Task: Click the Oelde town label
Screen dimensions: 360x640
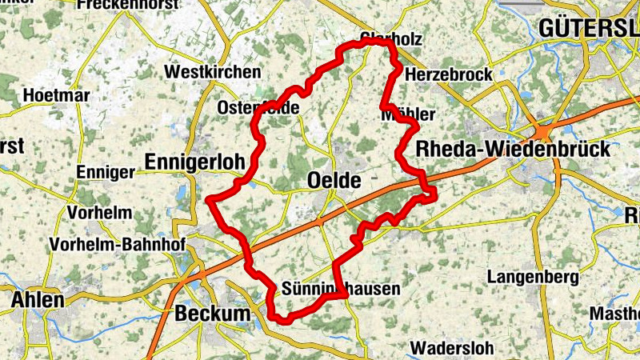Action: click(x=334, y=182)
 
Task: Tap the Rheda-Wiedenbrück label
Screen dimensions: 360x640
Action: click(x=513, y=149)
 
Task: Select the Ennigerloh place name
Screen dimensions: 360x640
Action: click(x=194, y=162)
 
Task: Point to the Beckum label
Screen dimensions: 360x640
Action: click(x=212, y=314)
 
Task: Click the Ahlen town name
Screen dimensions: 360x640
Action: click(x=38, y=301)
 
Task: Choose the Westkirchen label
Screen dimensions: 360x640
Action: click(x=212, y=72)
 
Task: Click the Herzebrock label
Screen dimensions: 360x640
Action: click(x=449, y=74)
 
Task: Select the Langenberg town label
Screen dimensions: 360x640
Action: click(x=532, y=278)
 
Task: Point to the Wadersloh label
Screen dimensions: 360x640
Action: click(x=453, y=349)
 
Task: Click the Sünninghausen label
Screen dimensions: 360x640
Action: click(x=341, y=289)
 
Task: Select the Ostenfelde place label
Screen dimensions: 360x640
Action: click(x=258, y=107)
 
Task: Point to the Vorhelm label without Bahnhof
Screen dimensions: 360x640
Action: click(x=99, y=214)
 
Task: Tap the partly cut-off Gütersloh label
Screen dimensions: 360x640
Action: click(x=589, y=28)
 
